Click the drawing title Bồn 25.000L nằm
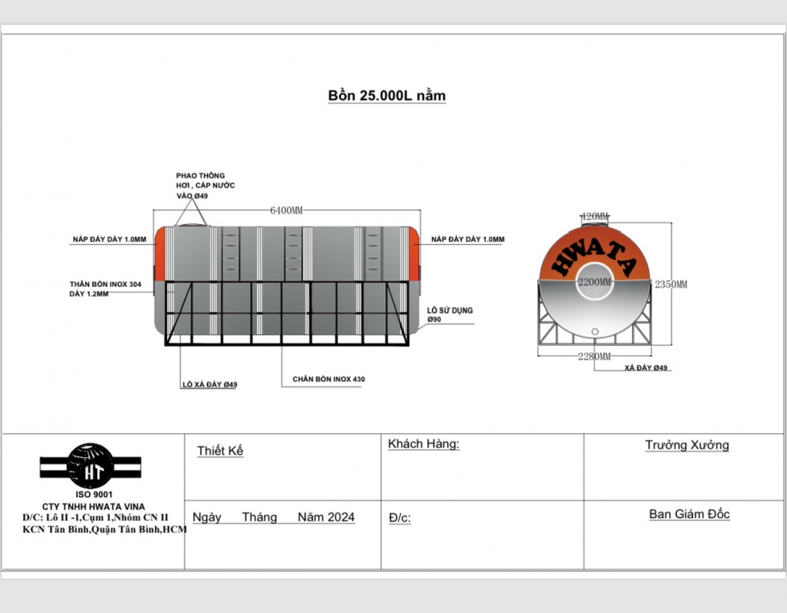click(x=386, y=96)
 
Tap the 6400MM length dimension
click(x=287, y=210)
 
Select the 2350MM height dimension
click(x=671, y=284)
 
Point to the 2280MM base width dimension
click(x=594, y=357)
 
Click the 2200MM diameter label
click(x=595, y=282)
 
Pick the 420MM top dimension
click(x=595, y=216)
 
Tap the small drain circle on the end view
click(x=595, y=331)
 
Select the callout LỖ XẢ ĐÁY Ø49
click(x=210, y=385)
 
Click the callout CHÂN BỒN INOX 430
click(x=328, y=379)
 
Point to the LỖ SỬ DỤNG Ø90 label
click(x=450, y=315)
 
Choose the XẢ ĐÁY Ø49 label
click(x=646, y=368)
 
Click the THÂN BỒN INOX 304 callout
click(x=105, y=288)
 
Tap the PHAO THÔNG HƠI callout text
click(x=206, y=186)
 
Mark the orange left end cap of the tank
click(x=160, y=254)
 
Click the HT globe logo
click(x=90, y=467)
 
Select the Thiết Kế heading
click(x=220, y=451)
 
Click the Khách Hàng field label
click(x=424, y=443)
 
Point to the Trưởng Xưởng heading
click(x=687, y=445)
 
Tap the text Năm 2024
click(x=326, y=517)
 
